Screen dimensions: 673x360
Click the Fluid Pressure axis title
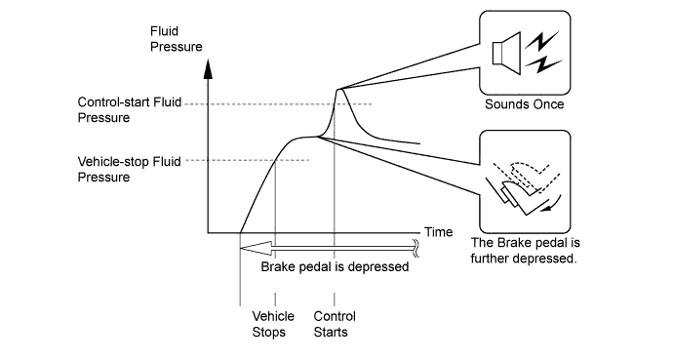click(x=176, y=39)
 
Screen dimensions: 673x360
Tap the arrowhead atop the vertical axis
click(x=208, y=69)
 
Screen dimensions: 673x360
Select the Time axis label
click(x=439, y=232)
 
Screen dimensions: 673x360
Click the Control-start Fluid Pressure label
click(x=129, y=110)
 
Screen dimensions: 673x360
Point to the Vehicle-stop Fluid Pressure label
click(x=129, y=169)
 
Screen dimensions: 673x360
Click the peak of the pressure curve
click(x=340, y=89)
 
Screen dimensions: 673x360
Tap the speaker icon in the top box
click(x=506, y=54)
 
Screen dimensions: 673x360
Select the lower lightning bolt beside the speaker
click(x=543, y=64)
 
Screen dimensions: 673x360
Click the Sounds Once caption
click(x=524, y=104)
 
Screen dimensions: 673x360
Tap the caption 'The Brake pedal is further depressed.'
click(x=525, y=251)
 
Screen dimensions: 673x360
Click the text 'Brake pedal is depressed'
click(x=335, y=267)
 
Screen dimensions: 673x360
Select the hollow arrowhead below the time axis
click(x=256, y=249)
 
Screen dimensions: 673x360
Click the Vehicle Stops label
click(x=273, y=324)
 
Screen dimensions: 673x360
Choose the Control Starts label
click(x=335, y=324)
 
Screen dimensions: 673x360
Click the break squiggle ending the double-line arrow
click(x=416, y=249)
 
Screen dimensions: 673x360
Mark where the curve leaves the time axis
click(x=240, y=233)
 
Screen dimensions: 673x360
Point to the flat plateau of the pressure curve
click(x=305, y=138)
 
